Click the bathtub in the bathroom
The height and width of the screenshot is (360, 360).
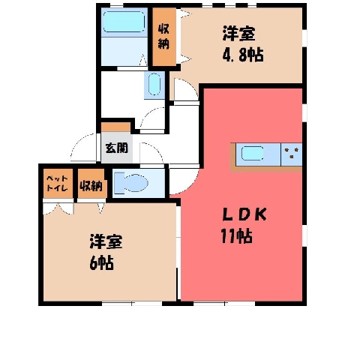coord(124,22)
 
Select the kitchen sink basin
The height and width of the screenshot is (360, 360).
coord(253,153)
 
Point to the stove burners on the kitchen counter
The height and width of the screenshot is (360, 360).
coord(291,153)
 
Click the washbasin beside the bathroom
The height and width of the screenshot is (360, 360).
coord(154,84)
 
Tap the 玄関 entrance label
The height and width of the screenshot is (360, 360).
coord(116,148)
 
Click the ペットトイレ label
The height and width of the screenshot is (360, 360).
coord(58,183)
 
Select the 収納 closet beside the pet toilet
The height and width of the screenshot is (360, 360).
coord(91,184)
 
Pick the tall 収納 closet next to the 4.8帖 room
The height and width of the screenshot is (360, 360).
coord(164,37)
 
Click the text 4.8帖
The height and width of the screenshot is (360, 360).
coord(243,55)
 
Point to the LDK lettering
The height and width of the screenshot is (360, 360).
coord(244,215)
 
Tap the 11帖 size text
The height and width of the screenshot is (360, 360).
coord(236,236)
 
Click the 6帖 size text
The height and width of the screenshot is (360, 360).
coord(102,262)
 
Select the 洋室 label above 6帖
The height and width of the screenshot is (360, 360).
coord(106,241)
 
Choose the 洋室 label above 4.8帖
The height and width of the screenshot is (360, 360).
coord(239,34)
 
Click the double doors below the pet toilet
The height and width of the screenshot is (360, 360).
coord(58,208)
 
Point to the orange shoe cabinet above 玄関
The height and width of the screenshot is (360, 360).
coord(115,127)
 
